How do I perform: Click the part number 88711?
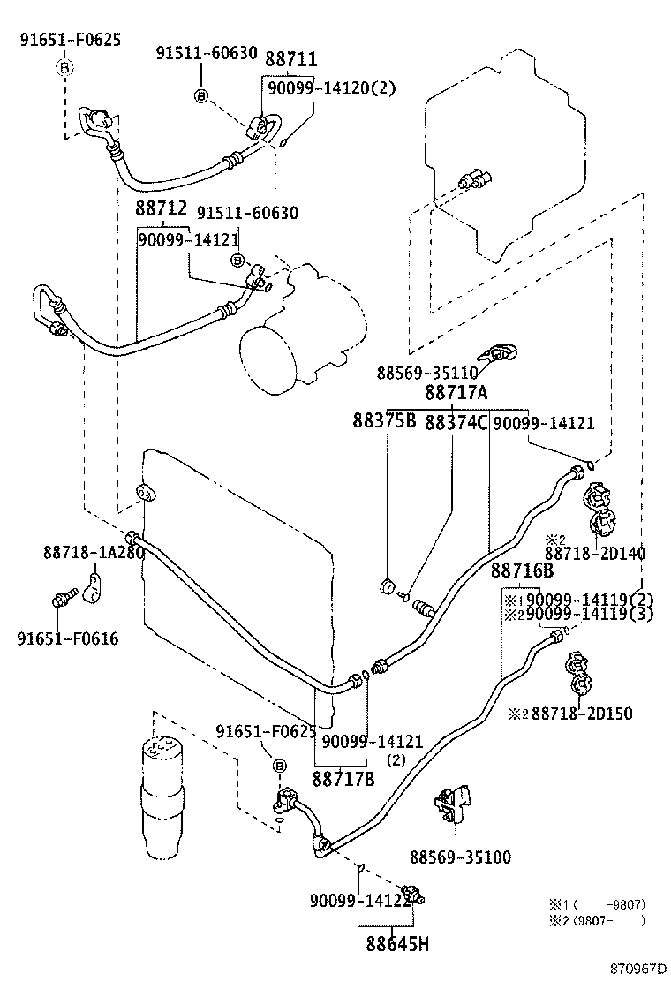(292, 59)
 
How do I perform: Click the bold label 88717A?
(456, 392)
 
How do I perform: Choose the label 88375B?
(385, 422)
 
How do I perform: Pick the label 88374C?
(456, 422)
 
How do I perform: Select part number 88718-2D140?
(594, 554)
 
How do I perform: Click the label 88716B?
(522, 571)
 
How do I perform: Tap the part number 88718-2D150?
(583, 714)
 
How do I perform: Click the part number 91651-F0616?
(67, 638)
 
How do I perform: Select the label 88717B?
(343, 779)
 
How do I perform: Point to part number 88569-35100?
(460, 857)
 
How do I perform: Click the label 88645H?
(397, 945)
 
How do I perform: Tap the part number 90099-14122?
(360, 900)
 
